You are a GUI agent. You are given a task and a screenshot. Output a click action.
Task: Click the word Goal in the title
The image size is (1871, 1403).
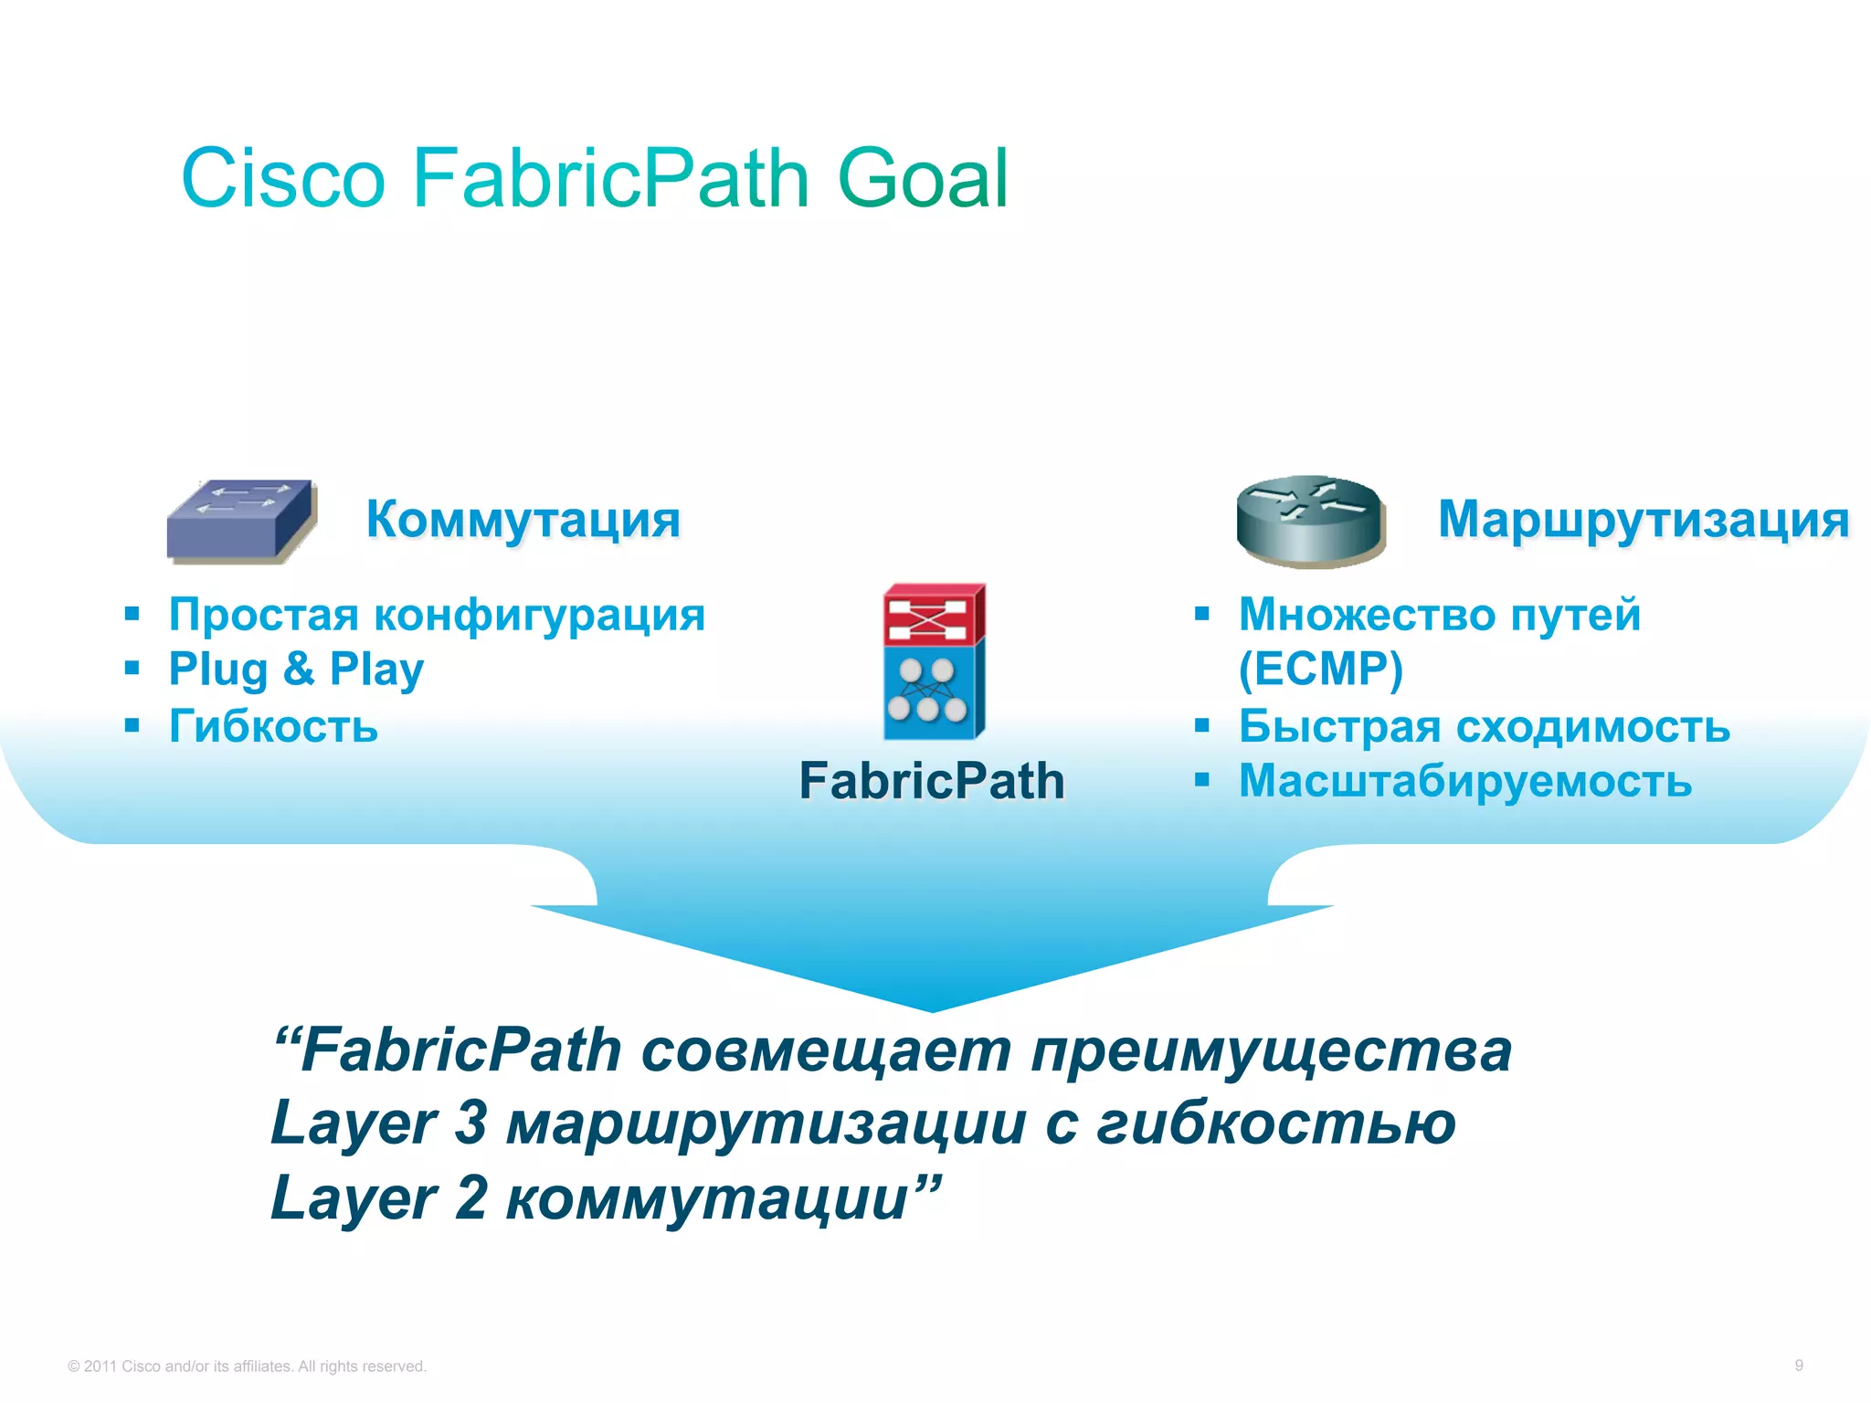[x=923, y=178]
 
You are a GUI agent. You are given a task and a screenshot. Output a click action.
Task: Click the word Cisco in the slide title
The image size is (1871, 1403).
[x=283, y=178]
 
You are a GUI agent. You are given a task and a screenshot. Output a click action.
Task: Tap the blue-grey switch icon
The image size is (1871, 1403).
[x=241, y=520]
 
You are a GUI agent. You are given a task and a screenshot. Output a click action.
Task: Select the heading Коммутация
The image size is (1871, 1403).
[x=523, y=519]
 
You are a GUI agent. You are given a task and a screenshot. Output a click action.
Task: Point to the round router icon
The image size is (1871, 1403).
[x=1310, y=522]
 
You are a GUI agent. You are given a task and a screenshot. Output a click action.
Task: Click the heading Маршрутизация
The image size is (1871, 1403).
[x=1643, y=519]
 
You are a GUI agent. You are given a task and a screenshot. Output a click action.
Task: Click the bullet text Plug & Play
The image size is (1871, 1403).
[x=296, y=669]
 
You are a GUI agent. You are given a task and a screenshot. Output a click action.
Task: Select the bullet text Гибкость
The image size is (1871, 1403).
[x=273, y=726]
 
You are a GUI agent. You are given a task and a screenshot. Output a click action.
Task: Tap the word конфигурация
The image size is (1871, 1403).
[x=540, y=614]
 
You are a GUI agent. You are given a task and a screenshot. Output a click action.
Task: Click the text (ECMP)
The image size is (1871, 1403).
[x=1320, y=669]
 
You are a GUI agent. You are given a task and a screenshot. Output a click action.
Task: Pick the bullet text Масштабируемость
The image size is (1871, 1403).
[x=1464, y=781]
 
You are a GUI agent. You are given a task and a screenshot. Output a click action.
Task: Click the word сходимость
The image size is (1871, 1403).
[x=1592, y=726]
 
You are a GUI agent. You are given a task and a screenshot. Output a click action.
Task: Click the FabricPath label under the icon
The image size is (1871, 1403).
[x=931, y=781]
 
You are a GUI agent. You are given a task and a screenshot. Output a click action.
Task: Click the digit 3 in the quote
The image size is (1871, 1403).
[x=470, y=1122]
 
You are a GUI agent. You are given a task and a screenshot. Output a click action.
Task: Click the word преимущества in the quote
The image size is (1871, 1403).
[x=1271, y=1050]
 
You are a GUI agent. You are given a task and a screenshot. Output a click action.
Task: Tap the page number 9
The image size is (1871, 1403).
[x=1798, y=1365]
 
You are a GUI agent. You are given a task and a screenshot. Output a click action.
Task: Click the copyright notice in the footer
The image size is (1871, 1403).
[x=247, y=1366]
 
